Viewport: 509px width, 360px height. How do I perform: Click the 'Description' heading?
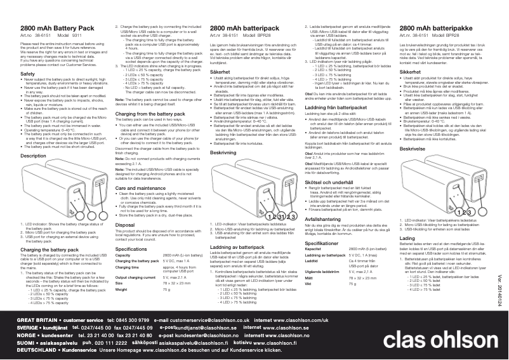coord(34,155)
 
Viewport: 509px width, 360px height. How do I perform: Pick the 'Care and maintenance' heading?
coord(140,171)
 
